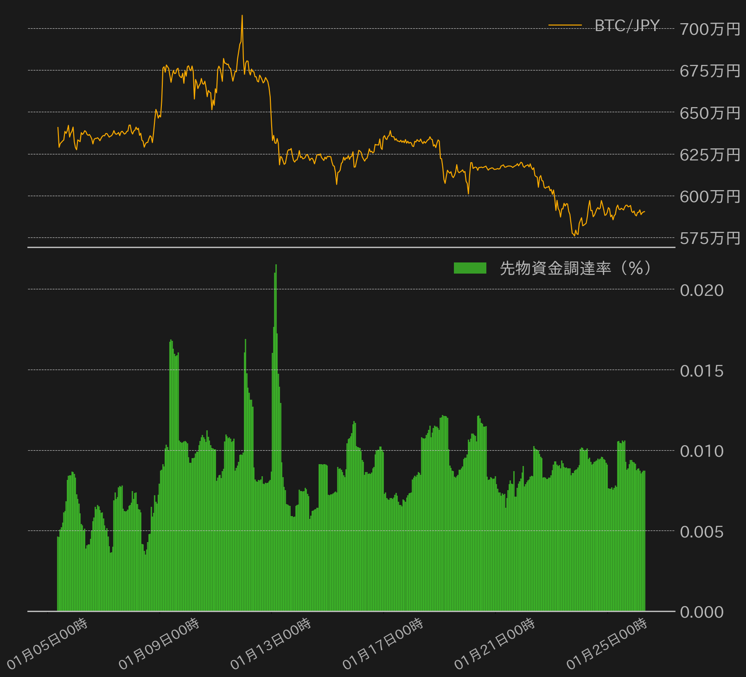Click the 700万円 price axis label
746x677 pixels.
tap(710, 29)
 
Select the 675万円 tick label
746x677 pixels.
tap(710, 71)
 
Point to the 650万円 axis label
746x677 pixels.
tap(710, 113)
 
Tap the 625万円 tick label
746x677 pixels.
tap(710, 154)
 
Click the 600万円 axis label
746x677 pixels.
tap(710, 197)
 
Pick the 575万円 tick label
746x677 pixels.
tap(710, 238)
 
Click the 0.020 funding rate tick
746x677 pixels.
tap(701, 290)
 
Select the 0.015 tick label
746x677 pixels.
tap(701, 371)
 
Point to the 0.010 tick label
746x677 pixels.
tap(701, 451)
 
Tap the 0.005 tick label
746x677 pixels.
tap(701, 532)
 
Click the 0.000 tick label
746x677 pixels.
tap(701, 612)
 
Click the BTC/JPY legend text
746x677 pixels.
tap(627, 26)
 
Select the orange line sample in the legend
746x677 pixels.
tap(565, 25)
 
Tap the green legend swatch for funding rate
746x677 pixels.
tap(470, 268)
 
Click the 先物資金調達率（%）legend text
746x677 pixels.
tap(575, 268)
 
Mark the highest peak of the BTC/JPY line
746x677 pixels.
tap(242, 15)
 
